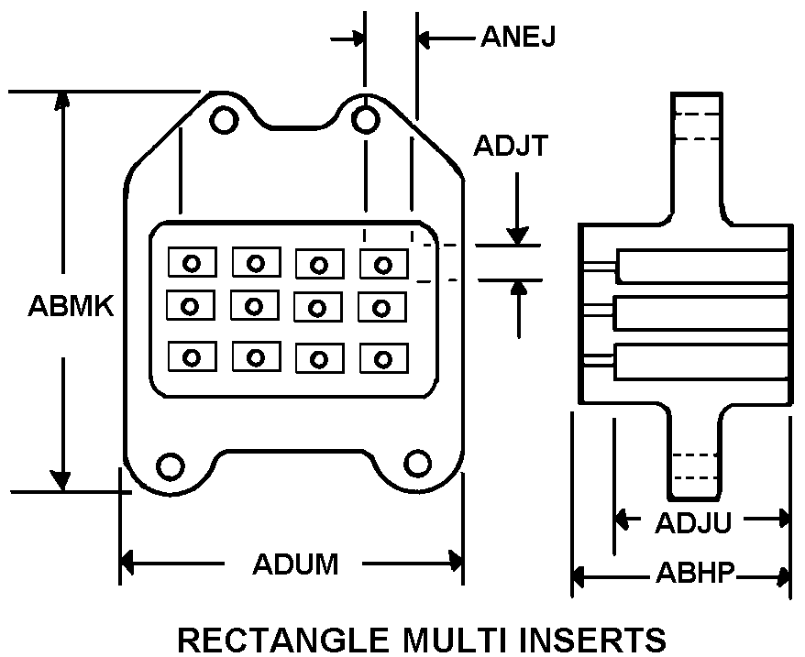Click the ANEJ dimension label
[x=517, y=37]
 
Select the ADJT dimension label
[x=511, y=146]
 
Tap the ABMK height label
[x=71, y=306]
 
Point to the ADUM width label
[x=295, y=564]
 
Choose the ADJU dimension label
[x=693, y=522]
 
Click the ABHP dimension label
[x=695, y=573]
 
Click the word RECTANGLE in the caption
[x=283, y=641]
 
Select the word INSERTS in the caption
[x=593, y=641]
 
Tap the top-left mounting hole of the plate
[x=225, y=120]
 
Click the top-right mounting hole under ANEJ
[x=366, y=120]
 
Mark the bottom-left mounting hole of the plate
[x=170, y=466]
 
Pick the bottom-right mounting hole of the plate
[x=417, y=464]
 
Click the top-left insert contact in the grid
[x=192, y=262]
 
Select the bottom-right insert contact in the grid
[x=383, y=358]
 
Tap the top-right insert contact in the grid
[x=383, y=264]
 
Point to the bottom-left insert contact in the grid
[x=192, y=356]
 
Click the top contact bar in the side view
[x=702, y=267]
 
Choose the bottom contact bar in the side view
[x=701, y=362]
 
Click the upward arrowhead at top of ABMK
[x=62, y=100]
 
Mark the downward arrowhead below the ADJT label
[x=517, y=235]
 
